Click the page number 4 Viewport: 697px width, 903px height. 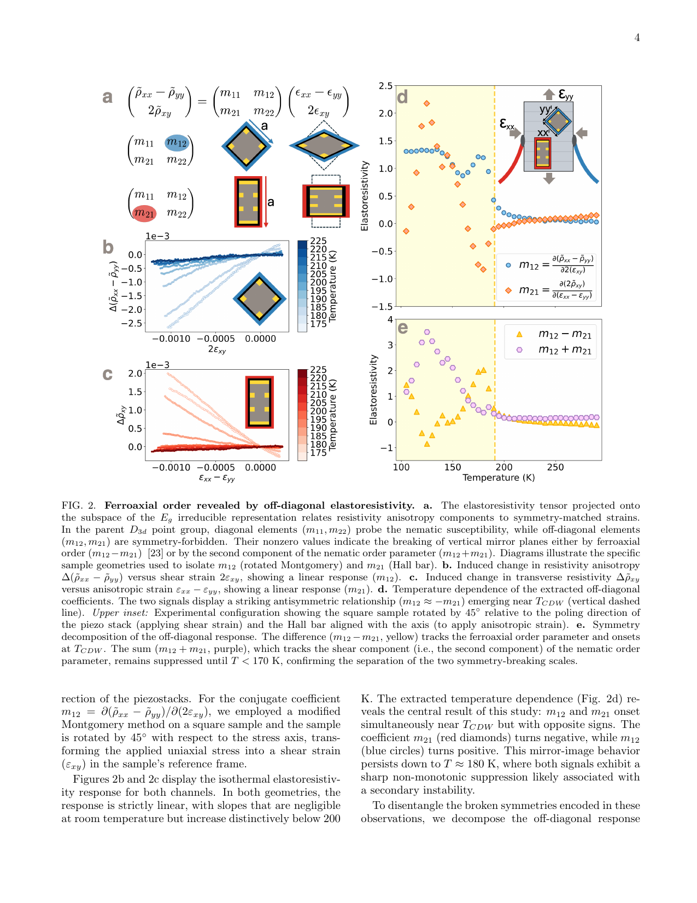coord(637,38)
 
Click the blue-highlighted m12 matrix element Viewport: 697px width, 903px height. coord(177,143)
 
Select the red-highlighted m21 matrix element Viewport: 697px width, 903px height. coord(144,213)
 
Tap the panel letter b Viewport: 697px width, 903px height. coord(108,247)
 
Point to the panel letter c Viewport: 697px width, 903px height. coord(108,375)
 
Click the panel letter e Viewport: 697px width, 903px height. coord(403,328)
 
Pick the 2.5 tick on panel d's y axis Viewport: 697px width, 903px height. coord(385,86)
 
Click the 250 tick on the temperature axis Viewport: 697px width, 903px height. coord(555,468)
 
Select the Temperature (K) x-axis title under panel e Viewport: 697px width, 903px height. coord(499,478)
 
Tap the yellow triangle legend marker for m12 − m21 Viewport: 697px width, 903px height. coord(519,334)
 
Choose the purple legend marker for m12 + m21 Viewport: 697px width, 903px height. coord(519,350)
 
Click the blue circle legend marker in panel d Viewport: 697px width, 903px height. coord(508,265)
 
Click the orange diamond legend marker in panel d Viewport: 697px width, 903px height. coord(508,290)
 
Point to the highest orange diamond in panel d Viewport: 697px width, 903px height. coord(426,103)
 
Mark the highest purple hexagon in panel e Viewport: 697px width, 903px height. coord(427,332)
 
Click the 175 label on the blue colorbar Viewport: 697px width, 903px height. coord(318,324)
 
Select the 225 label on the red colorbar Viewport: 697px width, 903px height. coord(318,370)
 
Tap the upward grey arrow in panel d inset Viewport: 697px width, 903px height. coord(549,94)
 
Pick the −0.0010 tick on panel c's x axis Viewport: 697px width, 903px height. coord(171,468)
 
